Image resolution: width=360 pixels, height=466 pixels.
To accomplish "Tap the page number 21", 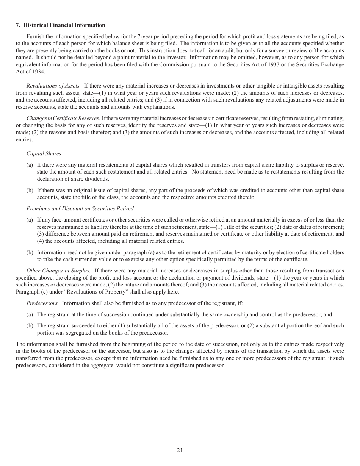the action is (x=180, y=450).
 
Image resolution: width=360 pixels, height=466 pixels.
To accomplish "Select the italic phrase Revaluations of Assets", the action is (x=53, y=86).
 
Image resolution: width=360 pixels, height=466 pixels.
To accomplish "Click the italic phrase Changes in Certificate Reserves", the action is (x=63, y=118).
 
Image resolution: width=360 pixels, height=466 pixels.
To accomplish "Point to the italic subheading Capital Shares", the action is (x=44, y=153).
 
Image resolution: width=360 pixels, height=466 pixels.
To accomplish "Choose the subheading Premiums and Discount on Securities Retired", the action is (x=80, y=208).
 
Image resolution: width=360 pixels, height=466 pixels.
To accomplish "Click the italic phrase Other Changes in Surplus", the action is (x=58, y=271).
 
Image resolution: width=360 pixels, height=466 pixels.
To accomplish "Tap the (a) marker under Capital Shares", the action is (x=30, y=164).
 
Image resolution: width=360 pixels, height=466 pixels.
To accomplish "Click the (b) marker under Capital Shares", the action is (x=30, y=190).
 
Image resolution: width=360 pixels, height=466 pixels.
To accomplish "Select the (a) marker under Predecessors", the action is (x=30, y=314).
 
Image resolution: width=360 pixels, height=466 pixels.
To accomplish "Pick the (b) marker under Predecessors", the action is (x=30, y=325).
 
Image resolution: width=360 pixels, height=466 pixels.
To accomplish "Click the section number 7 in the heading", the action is (x=17, y=25).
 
